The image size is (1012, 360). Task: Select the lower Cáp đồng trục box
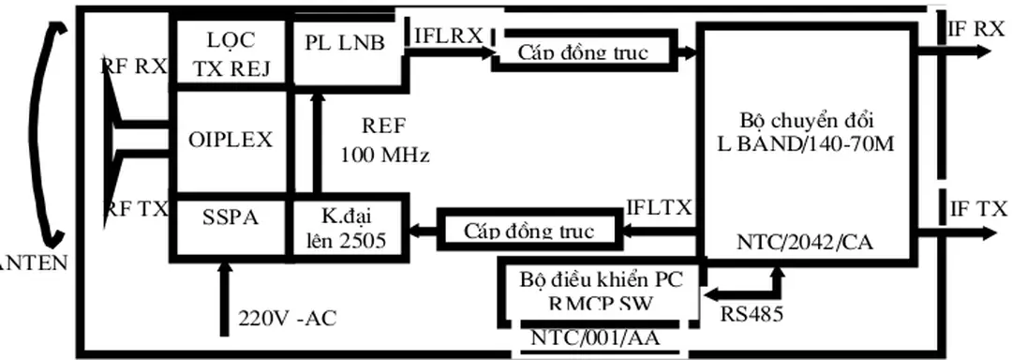(x=529, y=230)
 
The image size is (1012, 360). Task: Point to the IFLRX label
(x=448, y=35)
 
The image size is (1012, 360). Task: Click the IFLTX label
(x=660, y=206)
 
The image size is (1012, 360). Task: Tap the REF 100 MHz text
(x=384, y=141)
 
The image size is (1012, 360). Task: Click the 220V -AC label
(x=287, y=318)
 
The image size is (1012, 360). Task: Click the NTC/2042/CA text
(x=805, y=244)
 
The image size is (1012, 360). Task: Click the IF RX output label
(x=976, y=29)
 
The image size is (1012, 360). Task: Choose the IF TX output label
(x=977, y=210)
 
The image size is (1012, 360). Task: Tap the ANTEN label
(x=34, y=263)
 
